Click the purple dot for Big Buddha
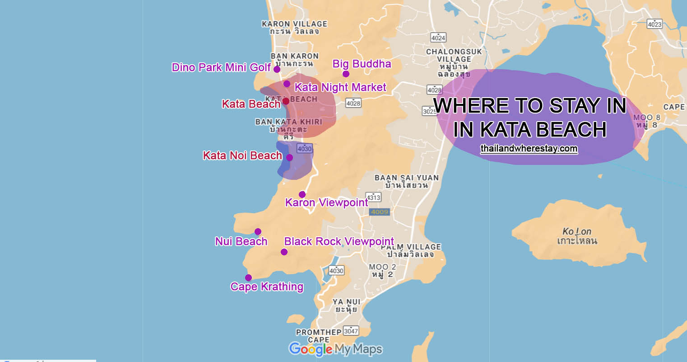click(346, 74)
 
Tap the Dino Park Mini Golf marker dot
click(277, 70)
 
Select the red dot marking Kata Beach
click(286, 101)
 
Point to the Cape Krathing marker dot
click(248, 277)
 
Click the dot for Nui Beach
click(258, 231)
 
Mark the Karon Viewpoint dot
click(302, 194)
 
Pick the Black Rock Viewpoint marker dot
click(284, 252)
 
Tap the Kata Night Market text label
click(340, 87)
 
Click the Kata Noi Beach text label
click(242, 156)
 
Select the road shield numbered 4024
click(438, 38)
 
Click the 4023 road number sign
click(655, 24)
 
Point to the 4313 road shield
click(374, 197)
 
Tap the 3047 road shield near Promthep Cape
click(351, 331)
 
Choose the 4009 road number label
click(379, 212)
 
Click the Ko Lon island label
click(577, 236)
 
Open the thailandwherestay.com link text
click(529, 149)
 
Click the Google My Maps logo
click(335, 349)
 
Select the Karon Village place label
click(294, 28)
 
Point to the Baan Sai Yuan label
click(406, 181)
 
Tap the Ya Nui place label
click(346, 306)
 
